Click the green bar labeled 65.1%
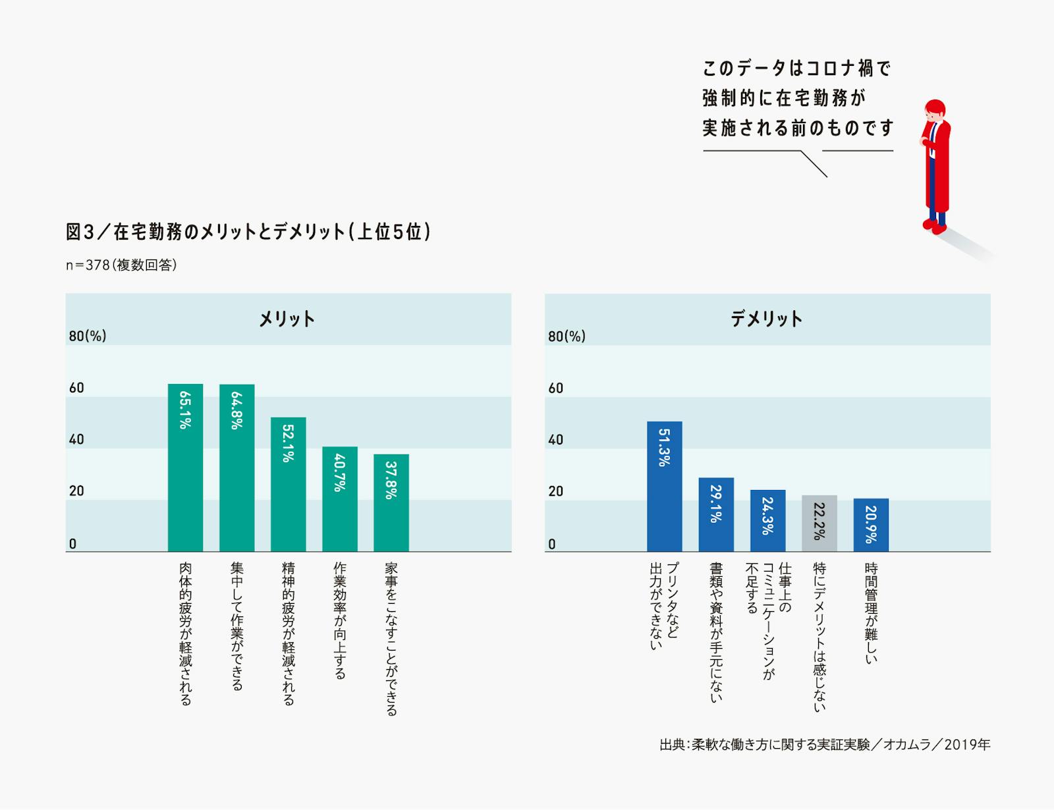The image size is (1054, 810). coord(185,468)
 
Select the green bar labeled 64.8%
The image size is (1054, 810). coord(236,468)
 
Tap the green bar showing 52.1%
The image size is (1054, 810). coord(288,484)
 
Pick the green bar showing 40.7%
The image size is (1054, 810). coord(339,499)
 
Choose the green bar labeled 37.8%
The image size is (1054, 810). coord(391,502)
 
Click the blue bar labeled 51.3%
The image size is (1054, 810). coord(664,486)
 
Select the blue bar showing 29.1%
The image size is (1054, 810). coord(716,514)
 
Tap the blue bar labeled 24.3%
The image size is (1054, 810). coord(767,520)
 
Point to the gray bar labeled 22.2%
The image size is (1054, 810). coord(819,523)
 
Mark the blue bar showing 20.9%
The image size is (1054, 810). coord(871,525)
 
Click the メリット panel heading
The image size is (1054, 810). coord(287,319)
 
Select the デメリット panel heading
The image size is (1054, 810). coord(766,319)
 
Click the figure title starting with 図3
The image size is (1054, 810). coord(248,232)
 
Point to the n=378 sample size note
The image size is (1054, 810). coord(121,265)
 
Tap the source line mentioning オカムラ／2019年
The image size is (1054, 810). coord(825,745)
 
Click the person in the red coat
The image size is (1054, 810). coord(936,165)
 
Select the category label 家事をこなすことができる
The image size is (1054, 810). coord(391,638)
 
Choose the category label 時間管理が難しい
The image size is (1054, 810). coord(871,612)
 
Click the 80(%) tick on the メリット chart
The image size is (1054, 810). coord(88,336)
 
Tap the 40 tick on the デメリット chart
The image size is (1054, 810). coord(555,439)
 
